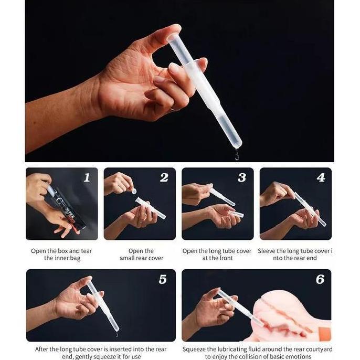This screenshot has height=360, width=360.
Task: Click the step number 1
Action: click(87, 177)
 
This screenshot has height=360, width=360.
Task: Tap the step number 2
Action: click(164, 177)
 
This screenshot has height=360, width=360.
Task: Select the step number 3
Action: click(242, 177)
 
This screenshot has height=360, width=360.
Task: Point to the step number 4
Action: click(321, 177)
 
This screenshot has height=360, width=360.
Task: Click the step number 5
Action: click(163, 279)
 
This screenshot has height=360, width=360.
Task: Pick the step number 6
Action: click(320, 279)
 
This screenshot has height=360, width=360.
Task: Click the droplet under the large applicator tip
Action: click(237, 154)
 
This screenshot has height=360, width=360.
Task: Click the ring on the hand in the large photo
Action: click(175, 110)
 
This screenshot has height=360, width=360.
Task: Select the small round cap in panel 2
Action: click(133, 191)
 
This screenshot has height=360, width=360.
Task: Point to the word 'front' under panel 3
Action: click(225, 258)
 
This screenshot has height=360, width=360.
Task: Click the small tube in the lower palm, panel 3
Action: click(236, 214)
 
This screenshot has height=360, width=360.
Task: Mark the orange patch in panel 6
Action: click(325, 332)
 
